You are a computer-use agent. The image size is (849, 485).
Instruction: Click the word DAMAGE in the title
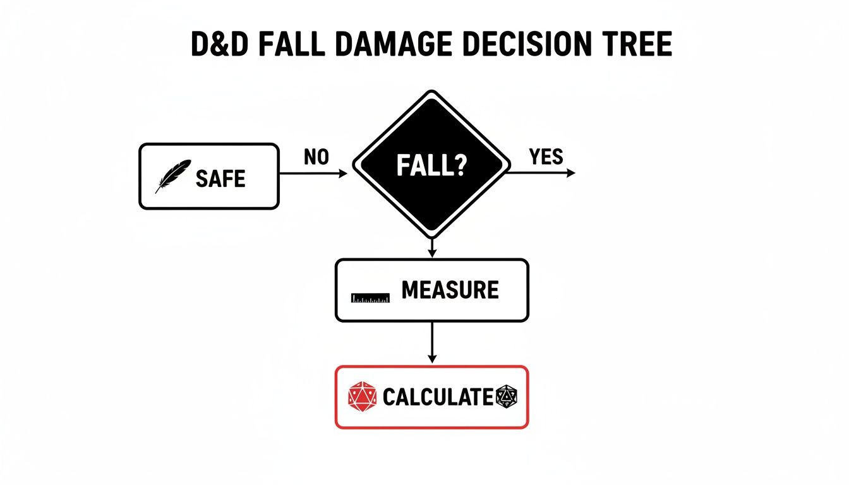(x=394, y=44)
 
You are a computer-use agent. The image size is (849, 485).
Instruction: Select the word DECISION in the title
(x=527, y=44)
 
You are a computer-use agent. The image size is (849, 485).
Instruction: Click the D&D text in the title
(x=219, y=44)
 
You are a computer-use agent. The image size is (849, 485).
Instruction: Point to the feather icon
(x=173, y=176)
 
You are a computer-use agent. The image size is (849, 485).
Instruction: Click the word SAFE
(x=220, y=179)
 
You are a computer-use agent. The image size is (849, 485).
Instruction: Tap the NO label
(x=316, y=157)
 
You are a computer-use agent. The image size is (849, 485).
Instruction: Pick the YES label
(x=546, y=157)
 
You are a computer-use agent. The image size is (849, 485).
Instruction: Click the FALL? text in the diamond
(x=431, y=165)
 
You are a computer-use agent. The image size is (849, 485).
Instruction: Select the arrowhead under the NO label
(x=343, y=174)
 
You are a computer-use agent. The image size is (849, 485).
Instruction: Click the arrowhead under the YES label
(x=571, y=173)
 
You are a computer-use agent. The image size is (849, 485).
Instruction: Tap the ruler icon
(x=370, y=298)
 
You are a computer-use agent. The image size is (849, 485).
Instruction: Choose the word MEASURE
(x=450, y=290)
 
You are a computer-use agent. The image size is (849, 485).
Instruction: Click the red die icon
(x=363, y=397)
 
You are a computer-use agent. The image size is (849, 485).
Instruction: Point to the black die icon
(x=507, y=397)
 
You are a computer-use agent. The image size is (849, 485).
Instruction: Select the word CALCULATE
(x=438, y=397)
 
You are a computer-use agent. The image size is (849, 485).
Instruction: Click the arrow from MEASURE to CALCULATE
(x=432, y=342)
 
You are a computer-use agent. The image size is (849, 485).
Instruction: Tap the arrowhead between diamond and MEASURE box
(x=432, y=253)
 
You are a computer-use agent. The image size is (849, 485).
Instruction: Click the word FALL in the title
(x=291, y=44)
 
